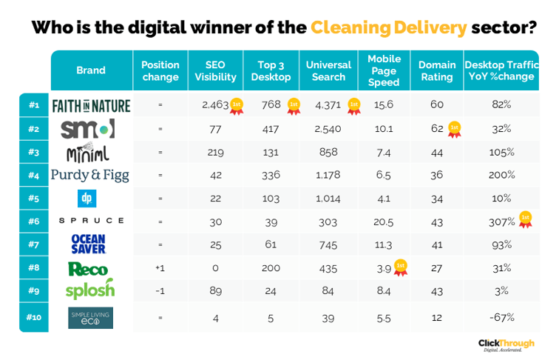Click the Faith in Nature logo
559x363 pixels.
tap(91, 105)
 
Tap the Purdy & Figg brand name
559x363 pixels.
tap(90, 175)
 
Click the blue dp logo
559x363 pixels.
tap(87, 199)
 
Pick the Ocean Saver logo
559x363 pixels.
tap(89, 244)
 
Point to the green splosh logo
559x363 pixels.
tap(90, 290)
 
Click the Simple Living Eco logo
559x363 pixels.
tap(91, 317)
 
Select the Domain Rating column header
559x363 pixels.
tap(437, 70)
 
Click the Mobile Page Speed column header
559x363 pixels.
tap(384, 70)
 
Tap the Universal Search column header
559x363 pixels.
tap(328, 70)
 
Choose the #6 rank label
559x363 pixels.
tap(34, 221)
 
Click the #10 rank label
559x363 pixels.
tap(34, 317)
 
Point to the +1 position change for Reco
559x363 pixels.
tap(160, 267)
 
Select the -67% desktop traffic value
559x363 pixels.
tap(502, 317)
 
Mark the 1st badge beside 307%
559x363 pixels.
tap(525, 219)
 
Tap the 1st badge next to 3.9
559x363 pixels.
tap(400, 267)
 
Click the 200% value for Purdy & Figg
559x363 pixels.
tap(502, 175)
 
